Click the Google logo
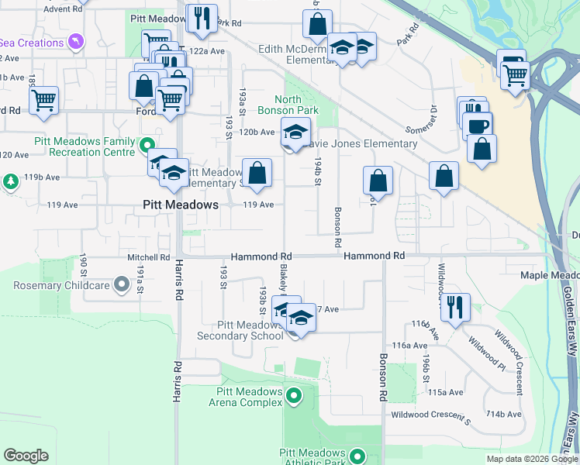click(x=26, y=456)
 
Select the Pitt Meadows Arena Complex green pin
click(x=293, y=397)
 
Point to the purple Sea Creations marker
click(x=75, y=41)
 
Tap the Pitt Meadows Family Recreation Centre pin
click(x=146, y=144)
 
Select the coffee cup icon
click(x=477, y=124)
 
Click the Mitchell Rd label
click(x=149, y=257)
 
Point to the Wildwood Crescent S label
click(x=431, y=415)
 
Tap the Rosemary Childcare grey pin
click(x=121, y=286)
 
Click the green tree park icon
click(x=10, y=182)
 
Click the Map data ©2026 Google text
click(x=532, y=459)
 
